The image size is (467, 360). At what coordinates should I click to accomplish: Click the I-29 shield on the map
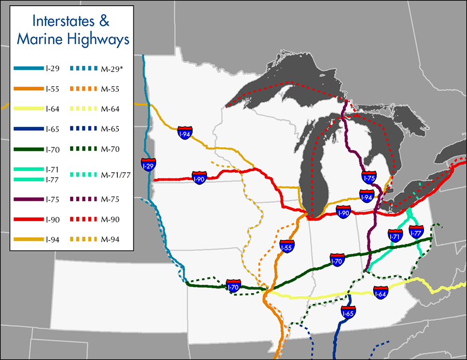tap(149, 165)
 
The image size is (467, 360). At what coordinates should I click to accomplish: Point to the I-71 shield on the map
tap(395, 236)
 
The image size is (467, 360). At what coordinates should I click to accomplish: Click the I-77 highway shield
tap(416, 232)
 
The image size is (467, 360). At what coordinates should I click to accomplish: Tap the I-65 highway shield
tap(348, 312)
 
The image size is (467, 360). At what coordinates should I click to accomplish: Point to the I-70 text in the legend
tap(52, 149)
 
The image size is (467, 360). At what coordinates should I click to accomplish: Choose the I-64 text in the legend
tap(52, 109)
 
